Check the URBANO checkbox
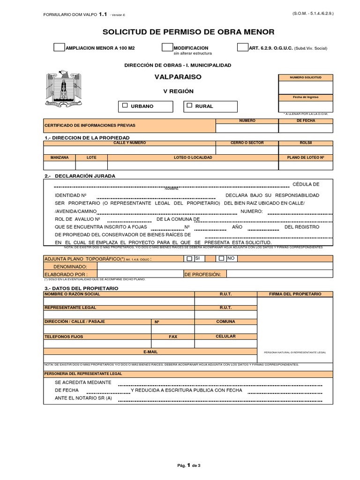(x=125, y=106)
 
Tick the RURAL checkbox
(x=189, y=106)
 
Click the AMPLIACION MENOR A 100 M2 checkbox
(x=60, y=48)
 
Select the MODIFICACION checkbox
(x=167, y=48)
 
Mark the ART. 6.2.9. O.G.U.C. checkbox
(x=243, y=48)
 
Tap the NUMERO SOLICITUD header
(x=306, y=77)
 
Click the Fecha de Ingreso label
(x=306, y=97)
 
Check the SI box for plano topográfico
(x=189, y=258)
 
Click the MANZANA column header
(x=60, y=157)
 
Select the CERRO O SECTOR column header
(x=247, y=142)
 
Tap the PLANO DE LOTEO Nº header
(x=306, y=157)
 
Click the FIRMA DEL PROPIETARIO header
(x=295, y=293)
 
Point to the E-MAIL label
(x=150, y=351)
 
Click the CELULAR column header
(x=225, y=337)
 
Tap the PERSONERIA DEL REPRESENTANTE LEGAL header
(x=83, y=374)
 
